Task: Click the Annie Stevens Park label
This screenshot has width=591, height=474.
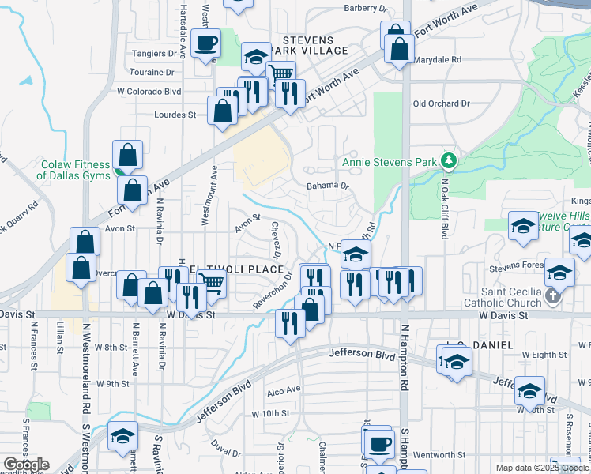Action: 390,162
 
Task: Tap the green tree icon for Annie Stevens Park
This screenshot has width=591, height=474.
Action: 449,161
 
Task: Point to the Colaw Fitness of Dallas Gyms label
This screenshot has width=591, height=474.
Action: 76,170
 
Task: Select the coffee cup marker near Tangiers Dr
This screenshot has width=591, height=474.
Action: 207,43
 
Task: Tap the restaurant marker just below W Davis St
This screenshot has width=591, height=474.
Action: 290,322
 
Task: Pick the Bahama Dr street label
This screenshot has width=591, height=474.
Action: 328,186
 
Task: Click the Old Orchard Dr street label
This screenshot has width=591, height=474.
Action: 441,103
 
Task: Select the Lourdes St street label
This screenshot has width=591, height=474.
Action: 175,115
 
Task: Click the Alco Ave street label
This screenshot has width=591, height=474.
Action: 284,390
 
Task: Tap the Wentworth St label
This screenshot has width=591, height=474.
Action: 439,454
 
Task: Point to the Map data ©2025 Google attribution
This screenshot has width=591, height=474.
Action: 542,468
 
